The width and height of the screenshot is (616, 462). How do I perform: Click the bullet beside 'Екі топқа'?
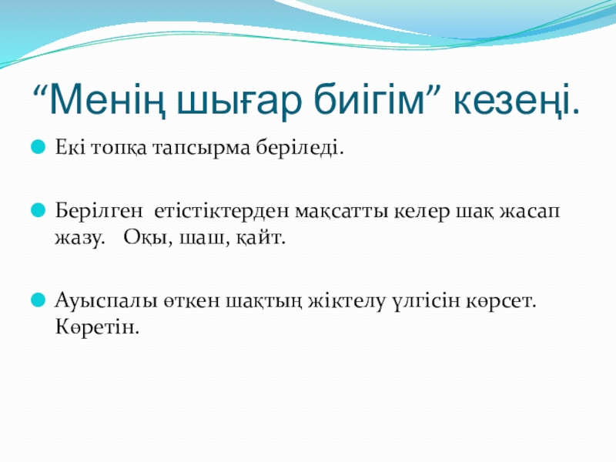(38, 147)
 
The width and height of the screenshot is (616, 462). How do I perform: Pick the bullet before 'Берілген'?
(38, 209)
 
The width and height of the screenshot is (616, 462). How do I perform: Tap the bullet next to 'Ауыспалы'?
(38, 300)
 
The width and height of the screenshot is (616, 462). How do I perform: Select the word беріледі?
(300, 148)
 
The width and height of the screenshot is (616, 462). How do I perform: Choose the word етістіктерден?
(222, 211)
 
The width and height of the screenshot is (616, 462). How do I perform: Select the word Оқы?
(148, 238)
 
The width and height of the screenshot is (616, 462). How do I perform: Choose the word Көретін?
(97, 326)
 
